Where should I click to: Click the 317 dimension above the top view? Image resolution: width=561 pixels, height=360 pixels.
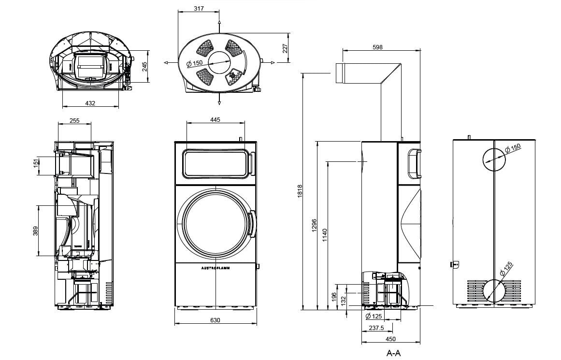click(199, 8)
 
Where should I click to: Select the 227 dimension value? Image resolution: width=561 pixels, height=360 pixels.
click(285, 48)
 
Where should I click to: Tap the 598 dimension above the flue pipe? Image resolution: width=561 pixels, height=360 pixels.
click(377, 47)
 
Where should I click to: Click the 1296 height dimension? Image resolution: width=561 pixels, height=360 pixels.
click(314, 226)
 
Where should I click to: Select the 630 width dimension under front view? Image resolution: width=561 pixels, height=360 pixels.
click(215, 320)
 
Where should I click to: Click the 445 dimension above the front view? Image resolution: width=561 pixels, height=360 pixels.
click(215, 119)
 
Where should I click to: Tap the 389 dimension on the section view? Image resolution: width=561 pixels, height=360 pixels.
click(35, 231)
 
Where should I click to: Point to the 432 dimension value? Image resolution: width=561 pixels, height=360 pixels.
click(90, 103)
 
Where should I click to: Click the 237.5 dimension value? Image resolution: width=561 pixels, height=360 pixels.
click(376, 328)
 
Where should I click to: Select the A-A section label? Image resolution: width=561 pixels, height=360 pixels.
click(393, 353)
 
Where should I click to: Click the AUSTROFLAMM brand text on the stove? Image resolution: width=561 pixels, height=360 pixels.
click(215, 267)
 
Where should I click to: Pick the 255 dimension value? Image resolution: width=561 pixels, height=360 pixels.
click(74, 121)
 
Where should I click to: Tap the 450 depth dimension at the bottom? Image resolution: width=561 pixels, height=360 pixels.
click(390, 339)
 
